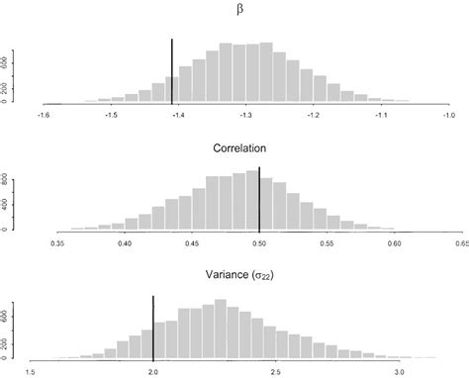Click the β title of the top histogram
coord(241,12)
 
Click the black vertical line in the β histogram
coord(172,69)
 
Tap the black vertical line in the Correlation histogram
coord(259,198)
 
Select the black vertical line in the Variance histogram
coord(153,327)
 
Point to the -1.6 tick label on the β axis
coord(43,115)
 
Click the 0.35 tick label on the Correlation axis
coord(58,242)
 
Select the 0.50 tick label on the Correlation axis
coord(259,242)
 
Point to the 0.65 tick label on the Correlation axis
coord(460,242)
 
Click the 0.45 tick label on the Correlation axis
coord(192,242)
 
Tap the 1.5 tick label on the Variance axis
coord(32,372)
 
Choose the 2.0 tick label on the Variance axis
coord(153,372)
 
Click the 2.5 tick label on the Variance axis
coord(275,372)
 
